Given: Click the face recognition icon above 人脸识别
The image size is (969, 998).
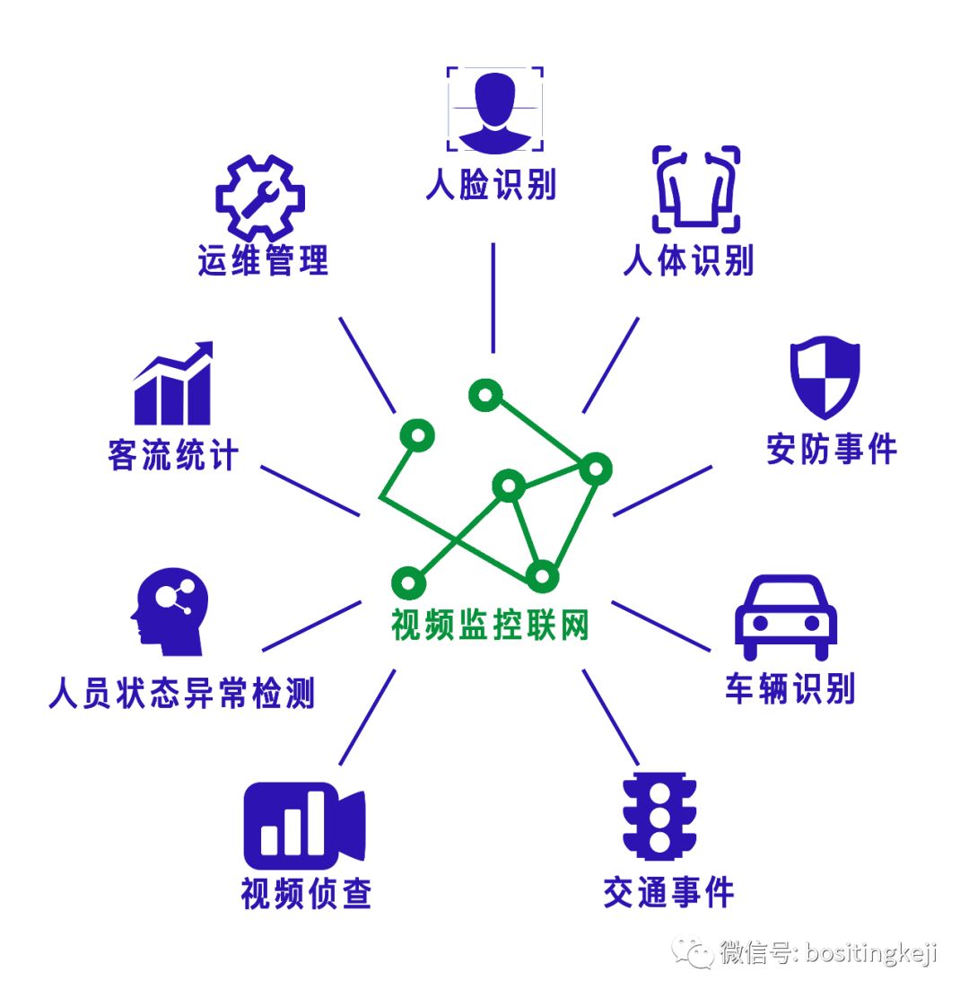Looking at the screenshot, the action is pyautogui.click(x=494, y=107).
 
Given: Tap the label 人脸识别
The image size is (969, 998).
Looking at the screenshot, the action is pyautogui.click(x=491, y=185).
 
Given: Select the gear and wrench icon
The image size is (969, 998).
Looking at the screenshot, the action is pyautogui.click(x=260, y=198).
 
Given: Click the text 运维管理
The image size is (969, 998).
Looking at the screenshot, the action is pyautogui.click(x=263, y=261).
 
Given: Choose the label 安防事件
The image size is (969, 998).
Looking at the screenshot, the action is pyautogui.click(x=831, y=450).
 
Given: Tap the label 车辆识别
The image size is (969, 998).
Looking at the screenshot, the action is pyautogui.click(x=790, y=688).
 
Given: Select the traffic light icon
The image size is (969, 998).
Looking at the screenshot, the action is pyautogui.click(x=659, y=816).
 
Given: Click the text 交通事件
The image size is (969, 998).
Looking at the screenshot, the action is pyautogui.click(x=668, y=892).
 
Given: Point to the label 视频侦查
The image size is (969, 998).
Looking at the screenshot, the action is pyautogui.click(x=306, y=894).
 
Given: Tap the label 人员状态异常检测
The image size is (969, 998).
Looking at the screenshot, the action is pyautogui.click(x=182, y=694).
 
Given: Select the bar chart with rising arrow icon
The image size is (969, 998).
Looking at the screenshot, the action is pyautogui.click(x=173, y=384).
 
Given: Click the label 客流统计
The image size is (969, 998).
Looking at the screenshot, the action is pyautogui.click(x=173, y=455).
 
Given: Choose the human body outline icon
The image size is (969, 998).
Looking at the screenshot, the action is pyautogui.click(x=695, y=189).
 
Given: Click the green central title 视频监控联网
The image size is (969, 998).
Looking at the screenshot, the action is pyautogui.click(x=490, y=626).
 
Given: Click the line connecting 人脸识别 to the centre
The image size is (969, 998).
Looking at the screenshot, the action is pyautogui.click(x=493, y=296).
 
